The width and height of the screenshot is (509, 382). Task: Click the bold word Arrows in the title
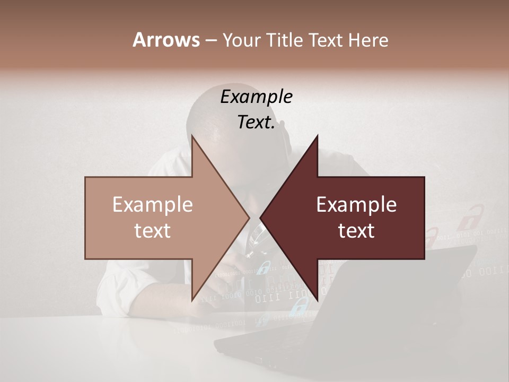(x=166, y=40)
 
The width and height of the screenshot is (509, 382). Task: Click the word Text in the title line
(x=326, y=40)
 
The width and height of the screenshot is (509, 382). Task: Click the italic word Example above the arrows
(x=256, y=97)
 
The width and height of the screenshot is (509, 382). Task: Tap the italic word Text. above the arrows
(x=256, y=122)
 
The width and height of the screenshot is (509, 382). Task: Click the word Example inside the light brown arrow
(x=153, y=205)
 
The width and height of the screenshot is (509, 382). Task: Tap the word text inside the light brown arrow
(x=153, y=231)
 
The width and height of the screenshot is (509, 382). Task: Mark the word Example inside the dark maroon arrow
(x=356, y=205)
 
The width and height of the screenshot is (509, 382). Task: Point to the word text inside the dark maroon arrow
(x=356, y=231)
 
